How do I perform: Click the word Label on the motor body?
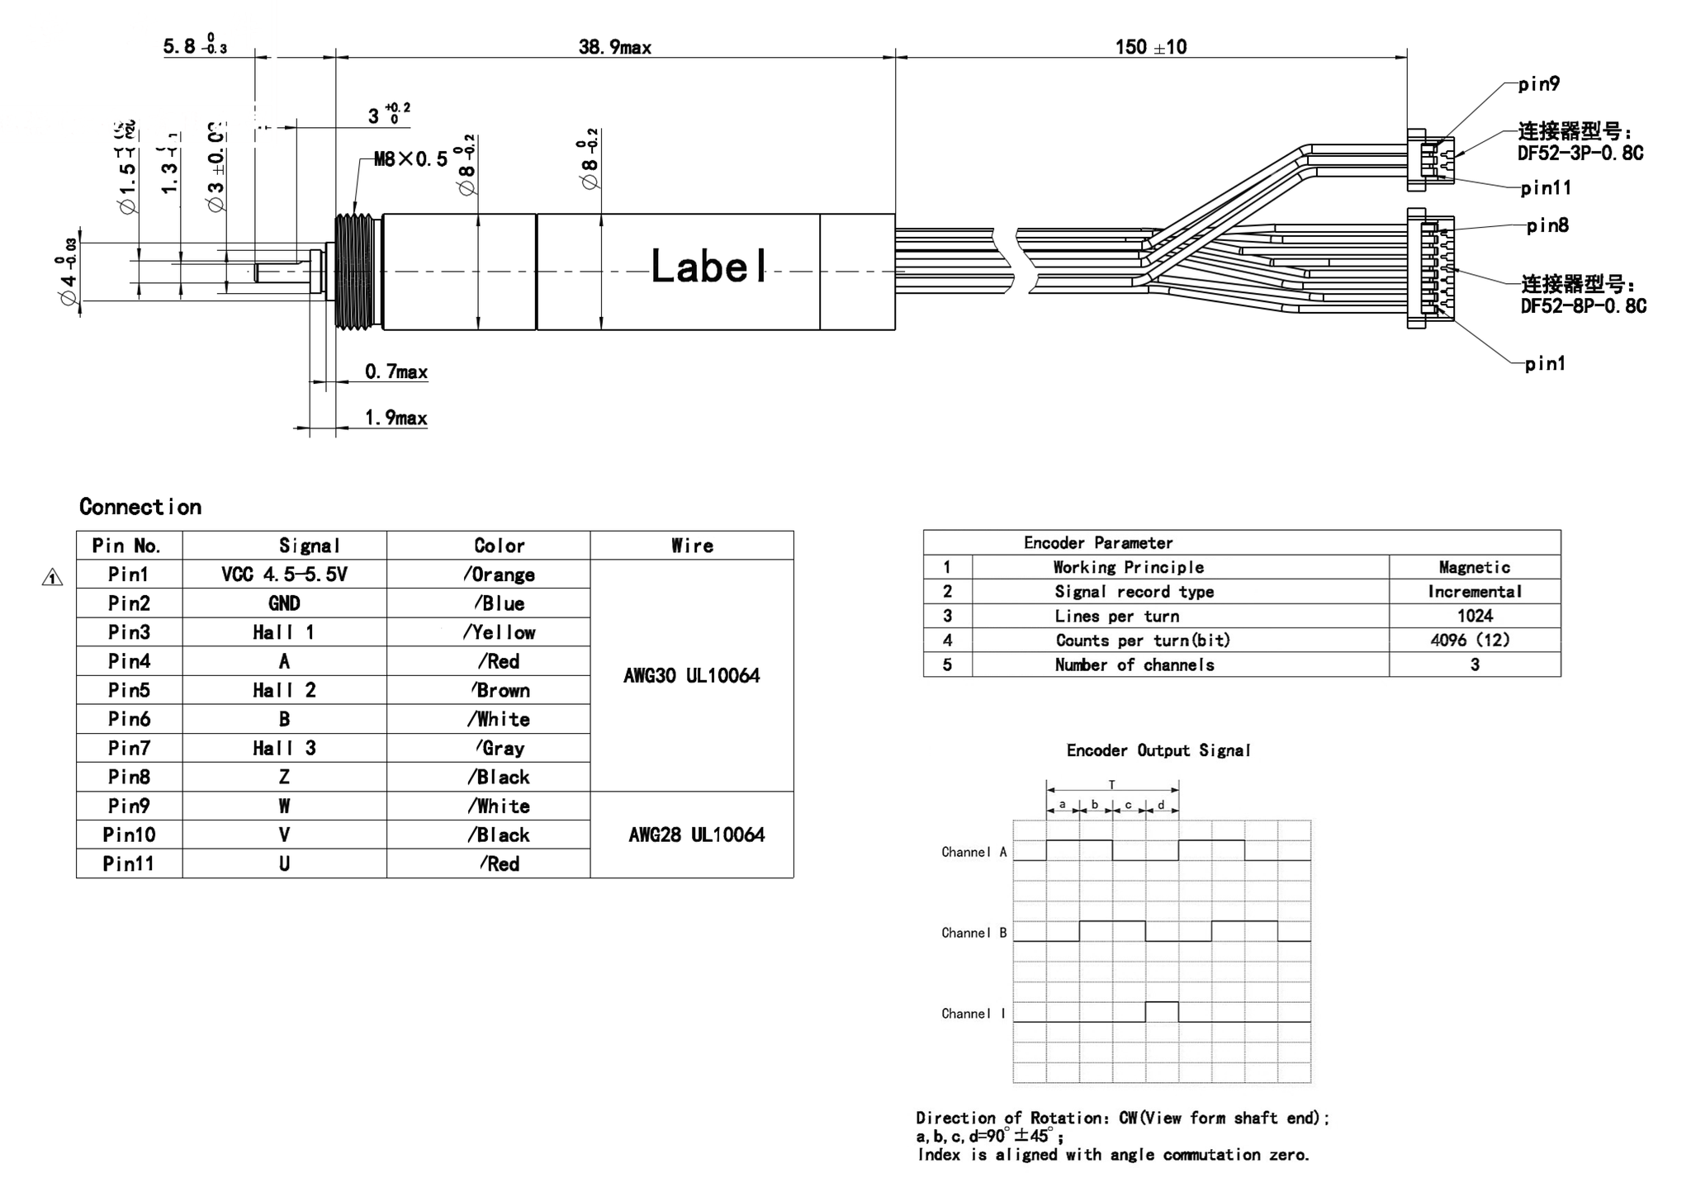[x=708, y=267]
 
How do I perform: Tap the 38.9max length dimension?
[x=614, y=47]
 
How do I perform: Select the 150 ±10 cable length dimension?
[x=1150, y=47]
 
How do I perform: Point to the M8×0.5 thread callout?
[x=410, y=158]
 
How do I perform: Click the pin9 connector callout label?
[x=1539, y=84]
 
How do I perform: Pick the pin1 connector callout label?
[x=1545, y=363]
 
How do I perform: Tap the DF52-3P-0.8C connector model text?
[x=1580, y=154]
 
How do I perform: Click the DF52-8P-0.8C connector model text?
[x=1583, y=306]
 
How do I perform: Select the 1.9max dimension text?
[x=396, y=418]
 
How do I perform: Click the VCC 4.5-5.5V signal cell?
[x=284, y=575]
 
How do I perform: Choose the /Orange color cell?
[x=499, y=575]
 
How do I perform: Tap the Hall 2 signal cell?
[x=284, y=690]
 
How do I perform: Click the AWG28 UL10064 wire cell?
[x=696, y=835]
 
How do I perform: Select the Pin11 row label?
[x=129, y=863]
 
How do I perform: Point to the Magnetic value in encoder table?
[x=1474, y=567]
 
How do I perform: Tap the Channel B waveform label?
[x=973, y=933]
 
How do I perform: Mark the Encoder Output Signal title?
[x=1158, y=750]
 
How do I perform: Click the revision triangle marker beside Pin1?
[x=52, y=579]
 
